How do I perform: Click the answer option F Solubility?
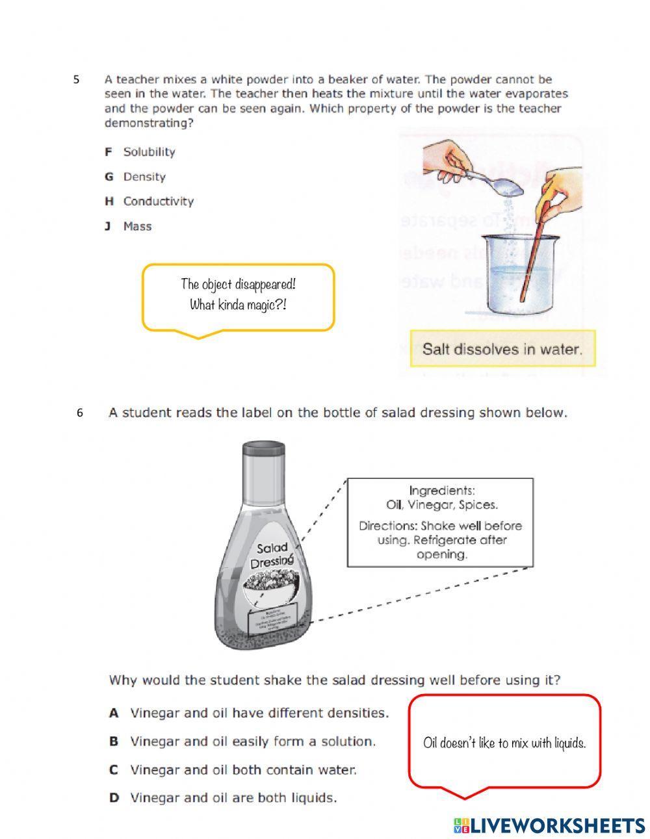click(x=141, y=152)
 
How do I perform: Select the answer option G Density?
click(x=136, y=177)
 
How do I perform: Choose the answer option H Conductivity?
click(x=150, y=201)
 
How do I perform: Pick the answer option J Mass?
click(x=129, y=227)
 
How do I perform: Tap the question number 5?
click(x=77, y=80)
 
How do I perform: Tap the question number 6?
click(x=80, y=413)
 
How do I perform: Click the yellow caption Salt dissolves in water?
click(x=502, y=349)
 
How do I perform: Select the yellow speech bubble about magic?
click(x=238, y=295)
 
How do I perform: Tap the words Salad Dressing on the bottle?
click(x=271, y=556)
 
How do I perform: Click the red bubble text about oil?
click(x=504, y=743)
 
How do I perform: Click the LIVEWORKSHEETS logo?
click(x=549, y=825)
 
